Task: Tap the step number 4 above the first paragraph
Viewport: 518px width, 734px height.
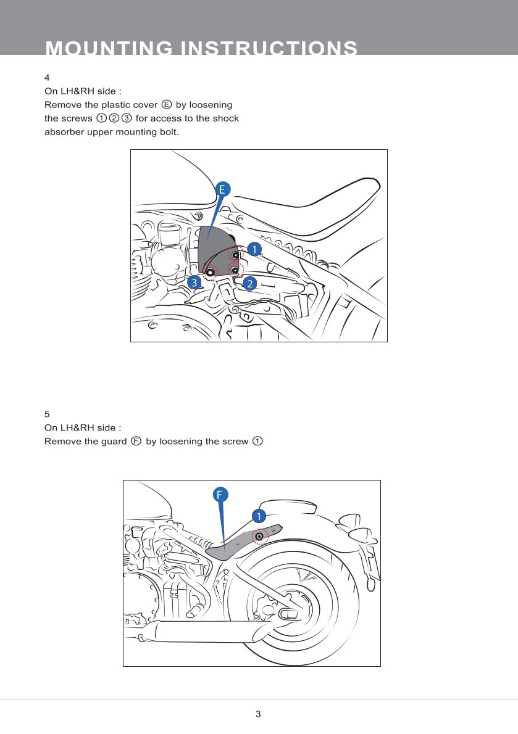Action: [47, 78]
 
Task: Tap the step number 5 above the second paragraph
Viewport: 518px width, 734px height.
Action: [47, 413]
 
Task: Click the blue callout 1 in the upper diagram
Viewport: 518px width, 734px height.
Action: [254, 248]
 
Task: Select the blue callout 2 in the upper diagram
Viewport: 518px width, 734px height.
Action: [249, 284]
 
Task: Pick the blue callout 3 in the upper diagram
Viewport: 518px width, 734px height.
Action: [194, 282]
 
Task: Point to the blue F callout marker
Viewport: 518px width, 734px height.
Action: [220, 494]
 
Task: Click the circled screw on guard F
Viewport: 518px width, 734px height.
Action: [260, 537]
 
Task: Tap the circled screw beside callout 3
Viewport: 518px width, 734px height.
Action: [211, 272]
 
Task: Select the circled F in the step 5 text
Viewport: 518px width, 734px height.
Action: [136, 441]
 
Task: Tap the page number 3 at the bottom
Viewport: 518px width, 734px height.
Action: [258, 714]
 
